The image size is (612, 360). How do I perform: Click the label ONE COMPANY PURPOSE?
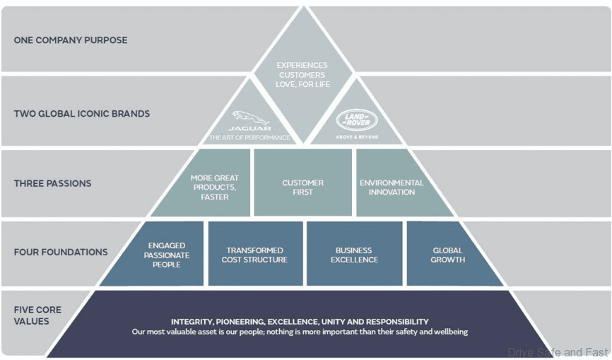tap(71, 40)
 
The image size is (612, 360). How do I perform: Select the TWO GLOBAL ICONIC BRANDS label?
tap(82, 113)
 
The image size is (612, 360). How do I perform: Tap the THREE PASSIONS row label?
tap(52, 183)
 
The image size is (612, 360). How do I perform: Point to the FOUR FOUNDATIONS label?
tap(61, 252)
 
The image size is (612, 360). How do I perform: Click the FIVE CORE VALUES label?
tap(37, 315)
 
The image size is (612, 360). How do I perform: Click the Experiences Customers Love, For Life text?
tap(302, 75)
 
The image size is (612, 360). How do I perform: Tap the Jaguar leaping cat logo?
tap(251, 117)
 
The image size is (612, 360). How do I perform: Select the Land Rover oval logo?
tap(357, 120)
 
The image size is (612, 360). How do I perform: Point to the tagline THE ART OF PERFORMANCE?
tap(249, 138)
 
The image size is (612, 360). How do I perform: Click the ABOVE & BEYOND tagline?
tap(357, 137)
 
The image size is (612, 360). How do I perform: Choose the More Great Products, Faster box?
tap(215, 187)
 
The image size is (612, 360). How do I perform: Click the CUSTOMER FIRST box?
tap(302, 187)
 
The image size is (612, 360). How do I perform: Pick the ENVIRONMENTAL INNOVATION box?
tap(392, 187)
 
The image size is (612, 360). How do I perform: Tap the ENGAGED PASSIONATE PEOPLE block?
tap(167, 255)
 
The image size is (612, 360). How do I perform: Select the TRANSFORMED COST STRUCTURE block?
tap(255, 255)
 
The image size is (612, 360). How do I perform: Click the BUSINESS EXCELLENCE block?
tap(354, 255)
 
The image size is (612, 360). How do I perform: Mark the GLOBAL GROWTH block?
tap(448, 255)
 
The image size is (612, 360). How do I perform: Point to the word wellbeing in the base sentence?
tap(450, 332)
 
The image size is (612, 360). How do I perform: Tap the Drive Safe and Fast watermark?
tap(557, 352)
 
